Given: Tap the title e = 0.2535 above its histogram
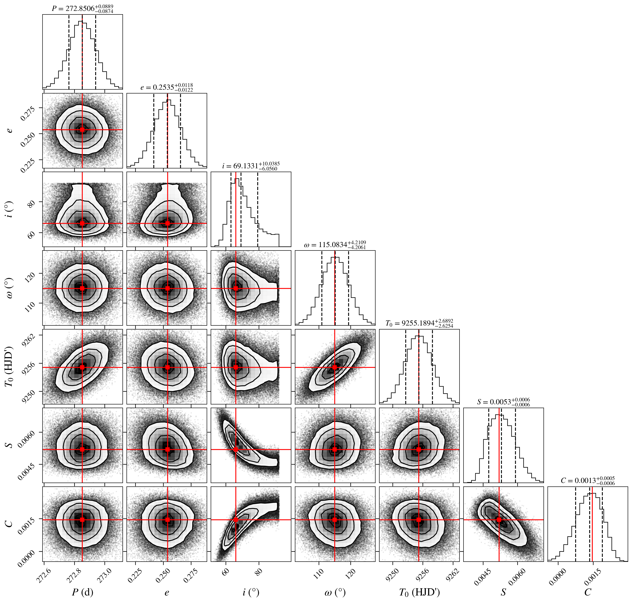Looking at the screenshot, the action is pos(167,87).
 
